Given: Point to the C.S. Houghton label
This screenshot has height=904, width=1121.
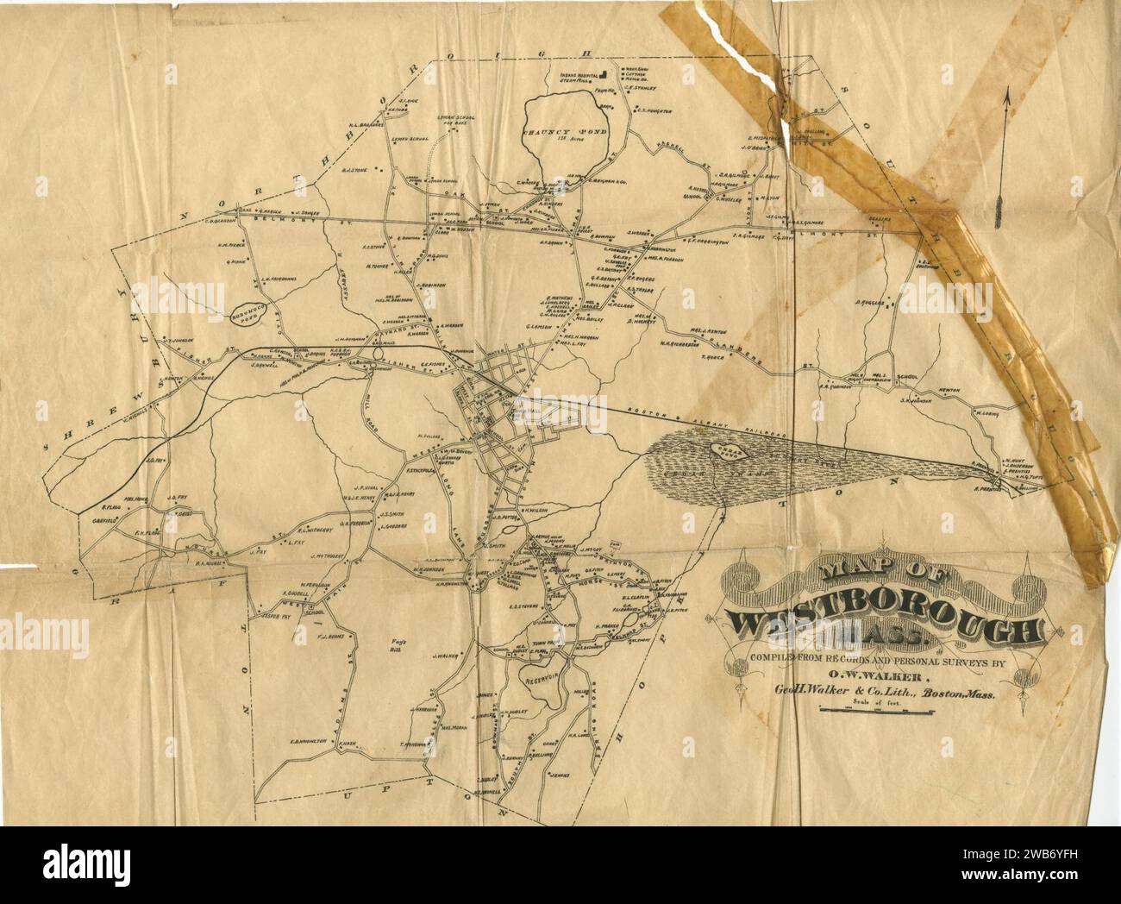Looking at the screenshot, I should (x=654, y=110).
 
